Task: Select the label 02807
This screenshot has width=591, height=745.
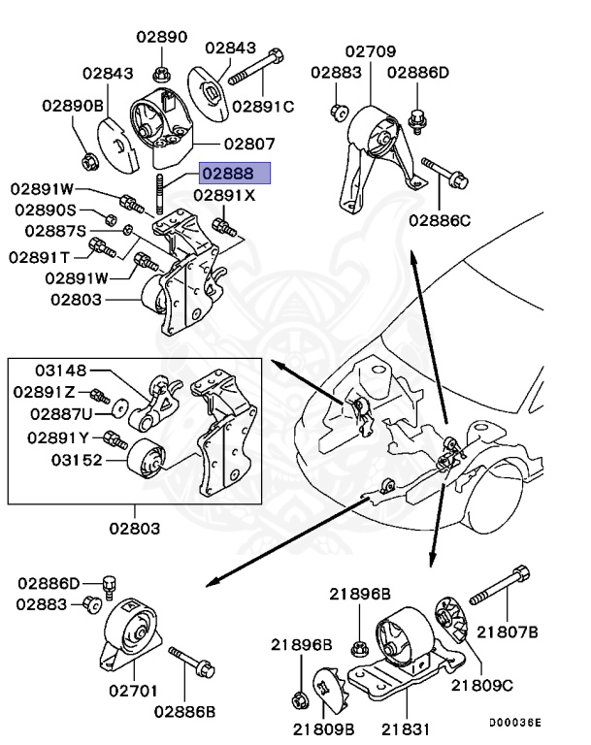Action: (249, 143)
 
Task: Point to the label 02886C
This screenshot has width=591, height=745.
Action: (439, 220)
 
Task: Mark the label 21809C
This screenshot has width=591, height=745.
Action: (481, 685)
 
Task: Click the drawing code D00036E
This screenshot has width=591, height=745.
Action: (514, 723)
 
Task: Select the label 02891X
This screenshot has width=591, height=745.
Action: (224, 195)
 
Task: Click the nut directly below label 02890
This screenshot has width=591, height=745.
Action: (162, 73)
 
